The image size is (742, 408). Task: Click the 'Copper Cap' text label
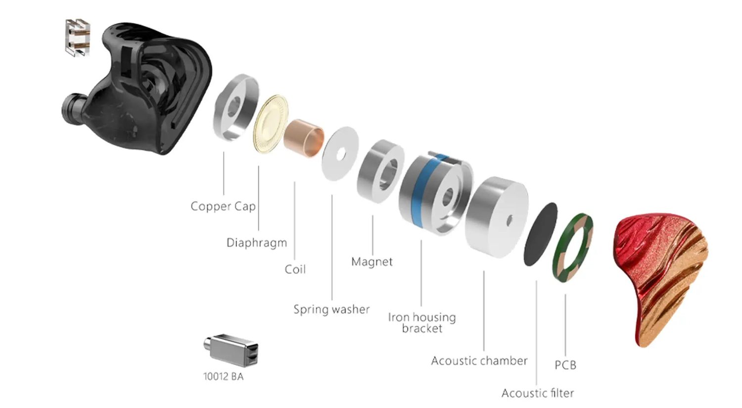[223, 206]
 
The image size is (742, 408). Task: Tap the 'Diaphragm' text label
[256, 243]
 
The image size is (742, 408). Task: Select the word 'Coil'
[295, 269]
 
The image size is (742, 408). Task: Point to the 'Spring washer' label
[331, 309]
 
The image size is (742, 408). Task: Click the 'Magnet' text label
[371, 261]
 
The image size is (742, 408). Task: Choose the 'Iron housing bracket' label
[421, 322]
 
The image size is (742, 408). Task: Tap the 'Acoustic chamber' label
[479, 360]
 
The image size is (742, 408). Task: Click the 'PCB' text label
[565, 365]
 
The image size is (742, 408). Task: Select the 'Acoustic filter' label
[537, 393]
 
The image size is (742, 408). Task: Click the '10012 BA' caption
[223, 377]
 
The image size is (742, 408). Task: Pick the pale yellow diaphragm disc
[270, 124]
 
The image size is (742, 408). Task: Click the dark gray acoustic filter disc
[540, 234]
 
